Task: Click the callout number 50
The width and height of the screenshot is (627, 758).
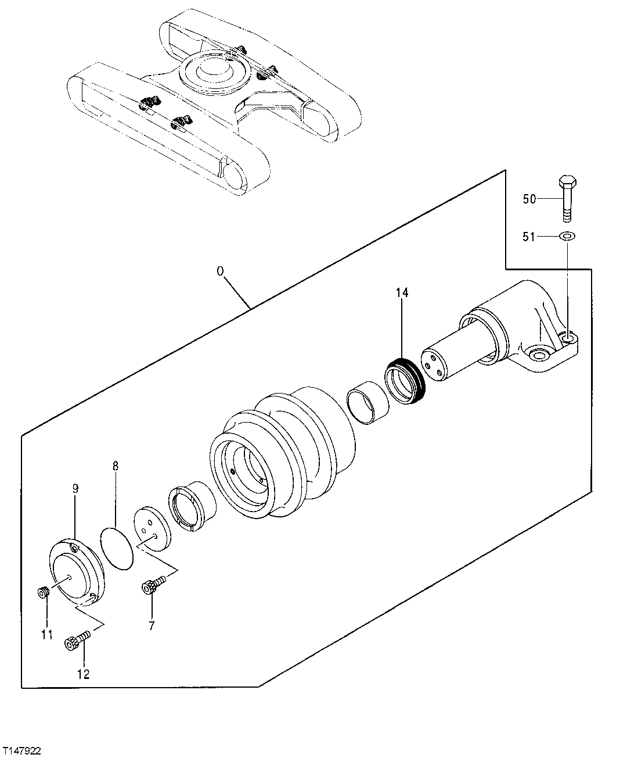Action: pos(529,199)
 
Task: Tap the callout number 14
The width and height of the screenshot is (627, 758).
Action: pos(402,293)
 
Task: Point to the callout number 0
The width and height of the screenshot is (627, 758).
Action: pos(220,271)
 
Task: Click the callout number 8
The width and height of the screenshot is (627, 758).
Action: pos(116,466)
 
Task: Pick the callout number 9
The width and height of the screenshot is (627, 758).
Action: pos(75,489)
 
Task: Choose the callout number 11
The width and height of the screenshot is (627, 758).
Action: pos(47,634)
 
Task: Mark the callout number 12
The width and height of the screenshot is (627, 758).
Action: pos(84,674)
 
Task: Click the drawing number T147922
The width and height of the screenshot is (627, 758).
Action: pos(21,752)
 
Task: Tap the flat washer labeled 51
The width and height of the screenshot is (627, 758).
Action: pos(567,236)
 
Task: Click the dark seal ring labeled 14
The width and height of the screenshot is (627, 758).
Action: pos(406,381)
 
